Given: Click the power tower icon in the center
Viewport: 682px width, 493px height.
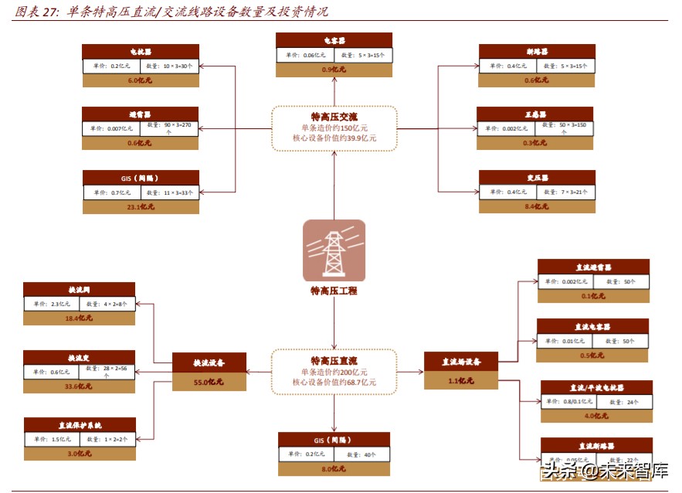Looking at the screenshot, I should [x=334, y=250].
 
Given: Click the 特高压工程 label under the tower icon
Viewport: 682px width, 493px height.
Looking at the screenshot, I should [x=334, y=291].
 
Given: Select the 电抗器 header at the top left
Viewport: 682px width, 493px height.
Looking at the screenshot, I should [x=141, y=51].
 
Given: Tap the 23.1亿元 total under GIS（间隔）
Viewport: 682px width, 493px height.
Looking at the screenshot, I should [x=141, y=207].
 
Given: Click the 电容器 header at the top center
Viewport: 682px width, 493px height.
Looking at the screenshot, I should [x=334, y=40].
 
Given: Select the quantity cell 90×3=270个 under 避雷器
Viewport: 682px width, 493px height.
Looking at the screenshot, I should [x=169, y=127].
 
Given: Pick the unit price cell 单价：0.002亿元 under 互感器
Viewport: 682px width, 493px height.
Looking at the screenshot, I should [x=507, y=126].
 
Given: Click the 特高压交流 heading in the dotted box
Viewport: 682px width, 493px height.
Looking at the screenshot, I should [x=334, y=116].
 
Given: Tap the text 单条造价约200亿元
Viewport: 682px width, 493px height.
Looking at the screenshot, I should [x=334, y=372].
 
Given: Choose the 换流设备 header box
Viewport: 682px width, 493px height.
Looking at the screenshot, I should [x=209, y=362].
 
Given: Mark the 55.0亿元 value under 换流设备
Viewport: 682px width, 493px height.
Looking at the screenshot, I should [x=209, y=382].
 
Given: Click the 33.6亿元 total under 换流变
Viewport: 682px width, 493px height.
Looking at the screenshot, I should [x=79, y=386].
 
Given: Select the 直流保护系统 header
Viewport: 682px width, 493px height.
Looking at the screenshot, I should [x=80, y=425].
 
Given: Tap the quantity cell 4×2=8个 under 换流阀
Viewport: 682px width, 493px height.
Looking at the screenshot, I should [x=107, y=304].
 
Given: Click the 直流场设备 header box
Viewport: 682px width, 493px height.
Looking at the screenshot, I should [x=461, y=360].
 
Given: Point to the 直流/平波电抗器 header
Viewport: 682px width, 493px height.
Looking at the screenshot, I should [x=596, y=388].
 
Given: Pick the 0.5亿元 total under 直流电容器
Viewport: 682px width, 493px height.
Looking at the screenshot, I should [x=593, y=355].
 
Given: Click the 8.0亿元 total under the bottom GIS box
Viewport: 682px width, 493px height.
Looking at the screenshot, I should [x=334, y=468].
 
